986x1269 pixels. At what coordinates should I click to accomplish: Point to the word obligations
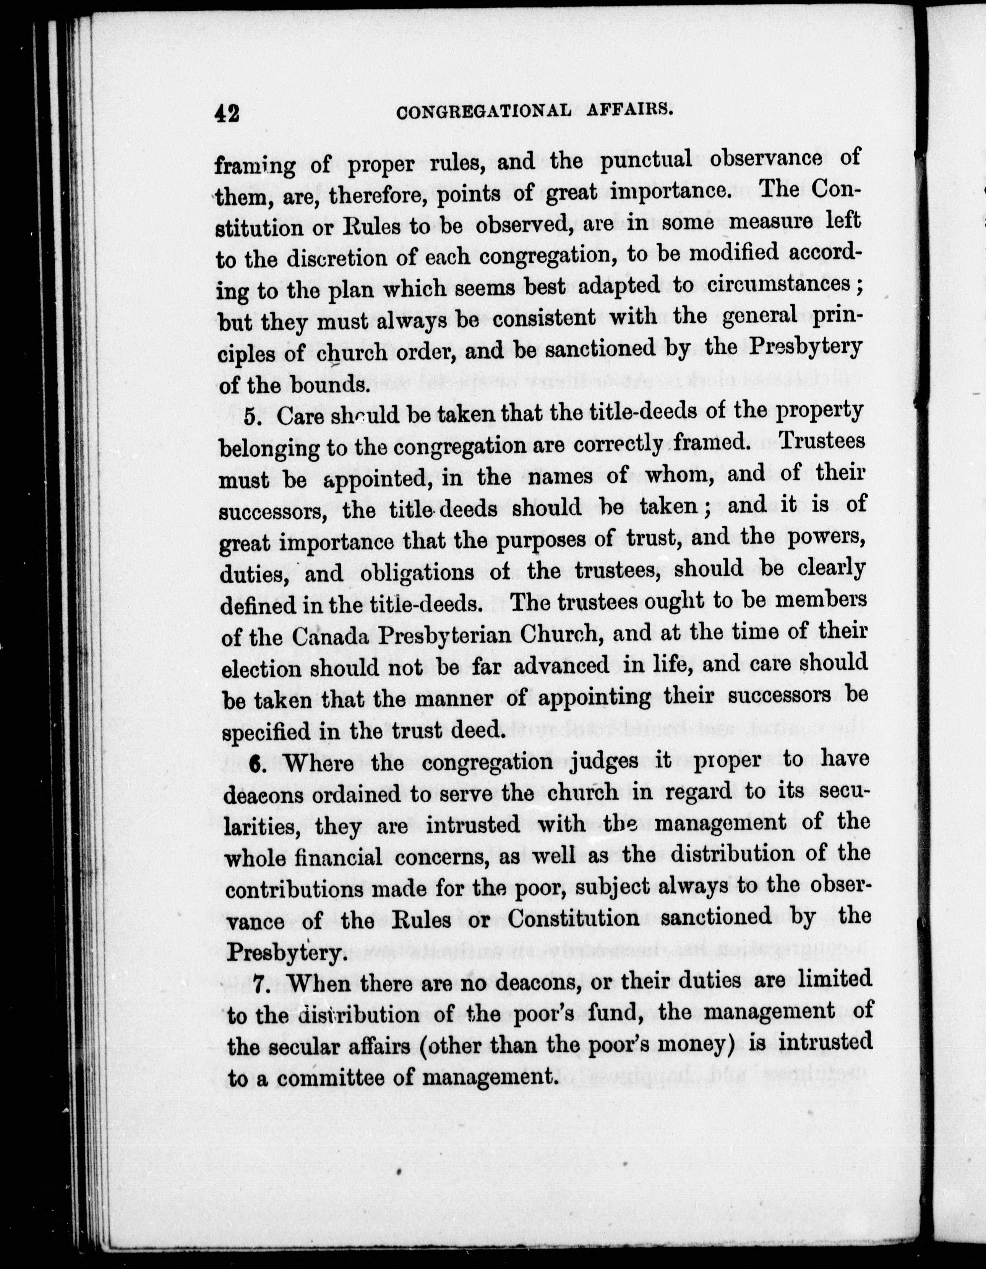pos(417,573)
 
